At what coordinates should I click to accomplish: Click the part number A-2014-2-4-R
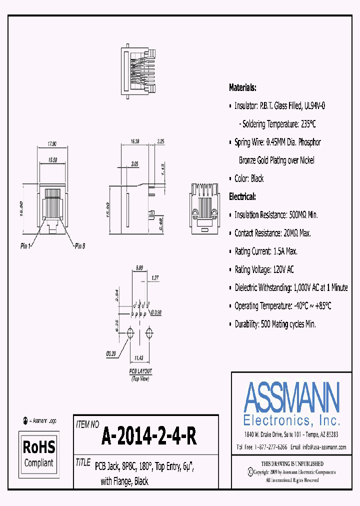(x=149, y=436)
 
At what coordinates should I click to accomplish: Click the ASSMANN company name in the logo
(x=291, y=397)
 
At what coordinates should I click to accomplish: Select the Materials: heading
(x=242, y=87)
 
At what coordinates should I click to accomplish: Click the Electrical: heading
(x=242, y=196)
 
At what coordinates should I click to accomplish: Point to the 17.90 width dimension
(x=52, y=143)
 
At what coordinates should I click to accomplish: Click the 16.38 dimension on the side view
(x=134, y=142)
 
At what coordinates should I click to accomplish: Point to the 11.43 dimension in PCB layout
(x=139, y=358)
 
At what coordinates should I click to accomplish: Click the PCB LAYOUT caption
(x=140, y=371)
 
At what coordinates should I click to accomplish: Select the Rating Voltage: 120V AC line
(x=264, y=269)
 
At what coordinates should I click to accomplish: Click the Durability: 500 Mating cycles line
(x=275, y=324)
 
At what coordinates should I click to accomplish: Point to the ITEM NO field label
(x=87, y=424)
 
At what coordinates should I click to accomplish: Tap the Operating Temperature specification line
(x=282, y=305)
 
